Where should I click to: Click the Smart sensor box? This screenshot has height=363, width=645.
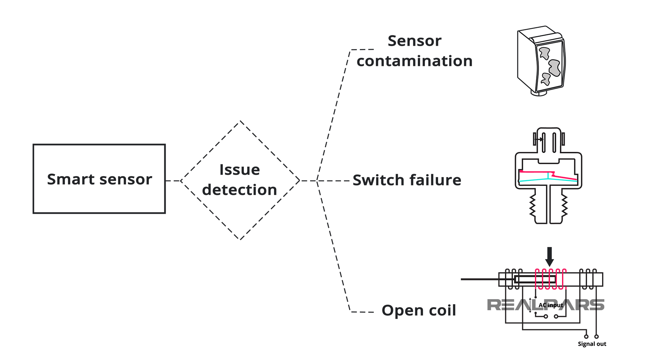99,179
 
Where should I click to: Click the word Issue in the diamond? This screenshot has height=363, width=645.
240,170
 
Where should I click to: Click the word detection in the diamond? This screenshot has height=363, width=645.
240,190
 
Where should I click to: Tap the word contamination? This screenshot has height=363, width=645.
415,61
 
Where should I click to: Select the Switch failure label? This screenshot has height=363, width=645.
407,180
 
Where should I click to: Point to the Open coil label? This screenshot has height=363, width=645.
419,310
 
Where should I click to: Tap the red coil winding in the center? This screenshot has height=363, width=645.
550,279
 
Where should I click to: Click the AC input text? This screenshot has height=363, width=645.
551,305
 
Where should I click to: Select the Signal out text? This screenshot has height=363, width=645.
592,344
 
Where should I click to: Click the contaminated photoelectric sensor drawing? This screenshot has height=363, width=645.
541,61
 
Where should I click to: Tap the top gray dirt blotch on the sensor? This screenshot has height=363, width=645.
544,53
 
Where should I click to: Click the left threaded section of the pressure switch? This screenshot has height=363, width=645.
533,206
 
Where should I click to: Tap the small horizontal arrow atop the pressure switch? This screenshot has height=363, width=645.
539,139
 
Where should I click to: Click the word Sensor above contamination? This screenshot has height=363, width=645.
414,41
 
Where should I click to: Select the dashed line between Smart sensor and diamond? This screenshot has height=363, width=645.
173,181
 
